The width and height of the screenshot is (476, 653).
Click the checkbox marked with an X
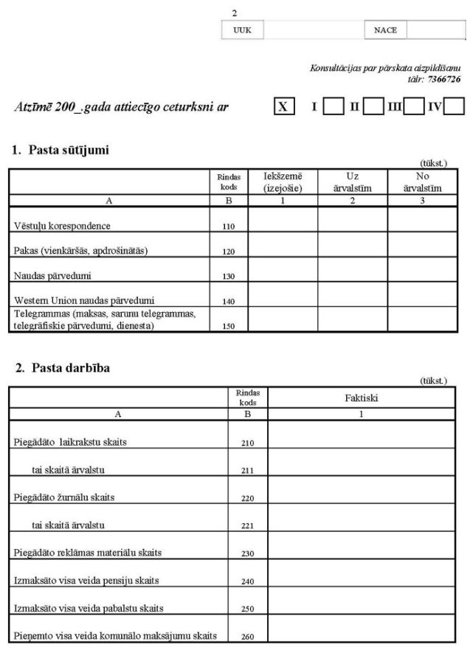(x=283, y=107)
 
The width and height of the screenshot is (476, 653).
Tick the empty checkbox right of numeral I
(x=334, y=107)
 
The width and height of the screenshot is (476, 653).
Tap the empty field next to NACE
(x=435, y=30)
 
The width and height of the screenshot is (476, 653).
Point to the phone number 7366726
(x=446, y=79)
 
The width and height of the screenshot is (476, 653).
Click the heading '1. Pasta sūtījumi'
(x=61, y=151)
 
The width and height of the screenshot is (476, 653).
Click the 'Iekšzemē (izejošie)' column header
(x=283, y=182)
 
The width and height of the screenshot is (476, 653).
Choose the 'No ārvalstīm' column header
(x=422, y=182)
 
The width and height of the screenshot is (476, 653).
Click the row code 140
(x=228, y=301)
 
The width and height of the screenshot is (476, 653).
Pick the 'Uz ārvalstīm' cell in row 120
(x=352, y=246)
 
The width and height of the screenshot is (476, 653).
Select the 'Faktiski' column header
(x=361, y=398)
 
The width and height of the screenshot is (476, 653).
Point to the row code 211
(x=248, y=469)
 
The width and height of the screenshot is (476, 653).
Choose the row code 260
(x=248, y=635)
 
